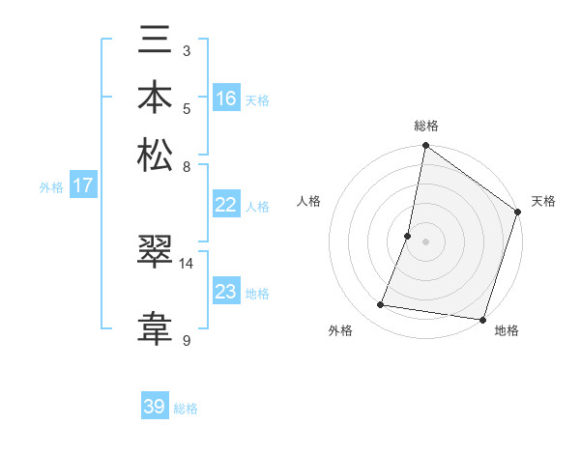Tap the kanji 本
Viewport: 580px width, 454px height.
click(155, 99)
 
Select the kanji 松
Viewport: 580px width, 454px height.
click(155, 155)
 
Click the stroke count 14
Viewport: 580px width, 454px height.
click(187, 263)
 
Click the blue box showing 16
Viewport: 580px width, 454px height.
click(226, 98)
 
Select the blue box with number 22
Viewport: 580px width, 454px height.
click(226, 204)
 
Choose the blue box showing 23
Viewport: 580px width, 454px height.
click(226, 292)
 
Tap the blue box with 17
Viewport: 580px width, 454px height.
click(83, 185)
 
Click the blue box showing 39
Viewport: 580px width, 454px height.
click(155, 407)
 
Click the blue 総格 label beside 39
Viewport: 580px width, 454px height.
click(186, 409)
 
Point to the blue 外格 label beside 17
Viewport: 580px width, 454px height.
click(51, 187)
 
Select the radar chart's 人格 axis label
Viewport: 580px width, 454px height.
click(309, 201)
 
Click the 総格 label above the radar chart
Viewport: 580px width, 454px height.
click(425, 126)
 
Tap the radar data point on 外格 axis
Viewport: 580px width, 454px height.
click(381, 305)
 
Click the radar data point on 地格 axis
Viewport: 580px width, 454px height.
click(481, 319)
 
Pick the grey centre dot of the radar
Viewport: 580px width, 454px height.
click(425, 241)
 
